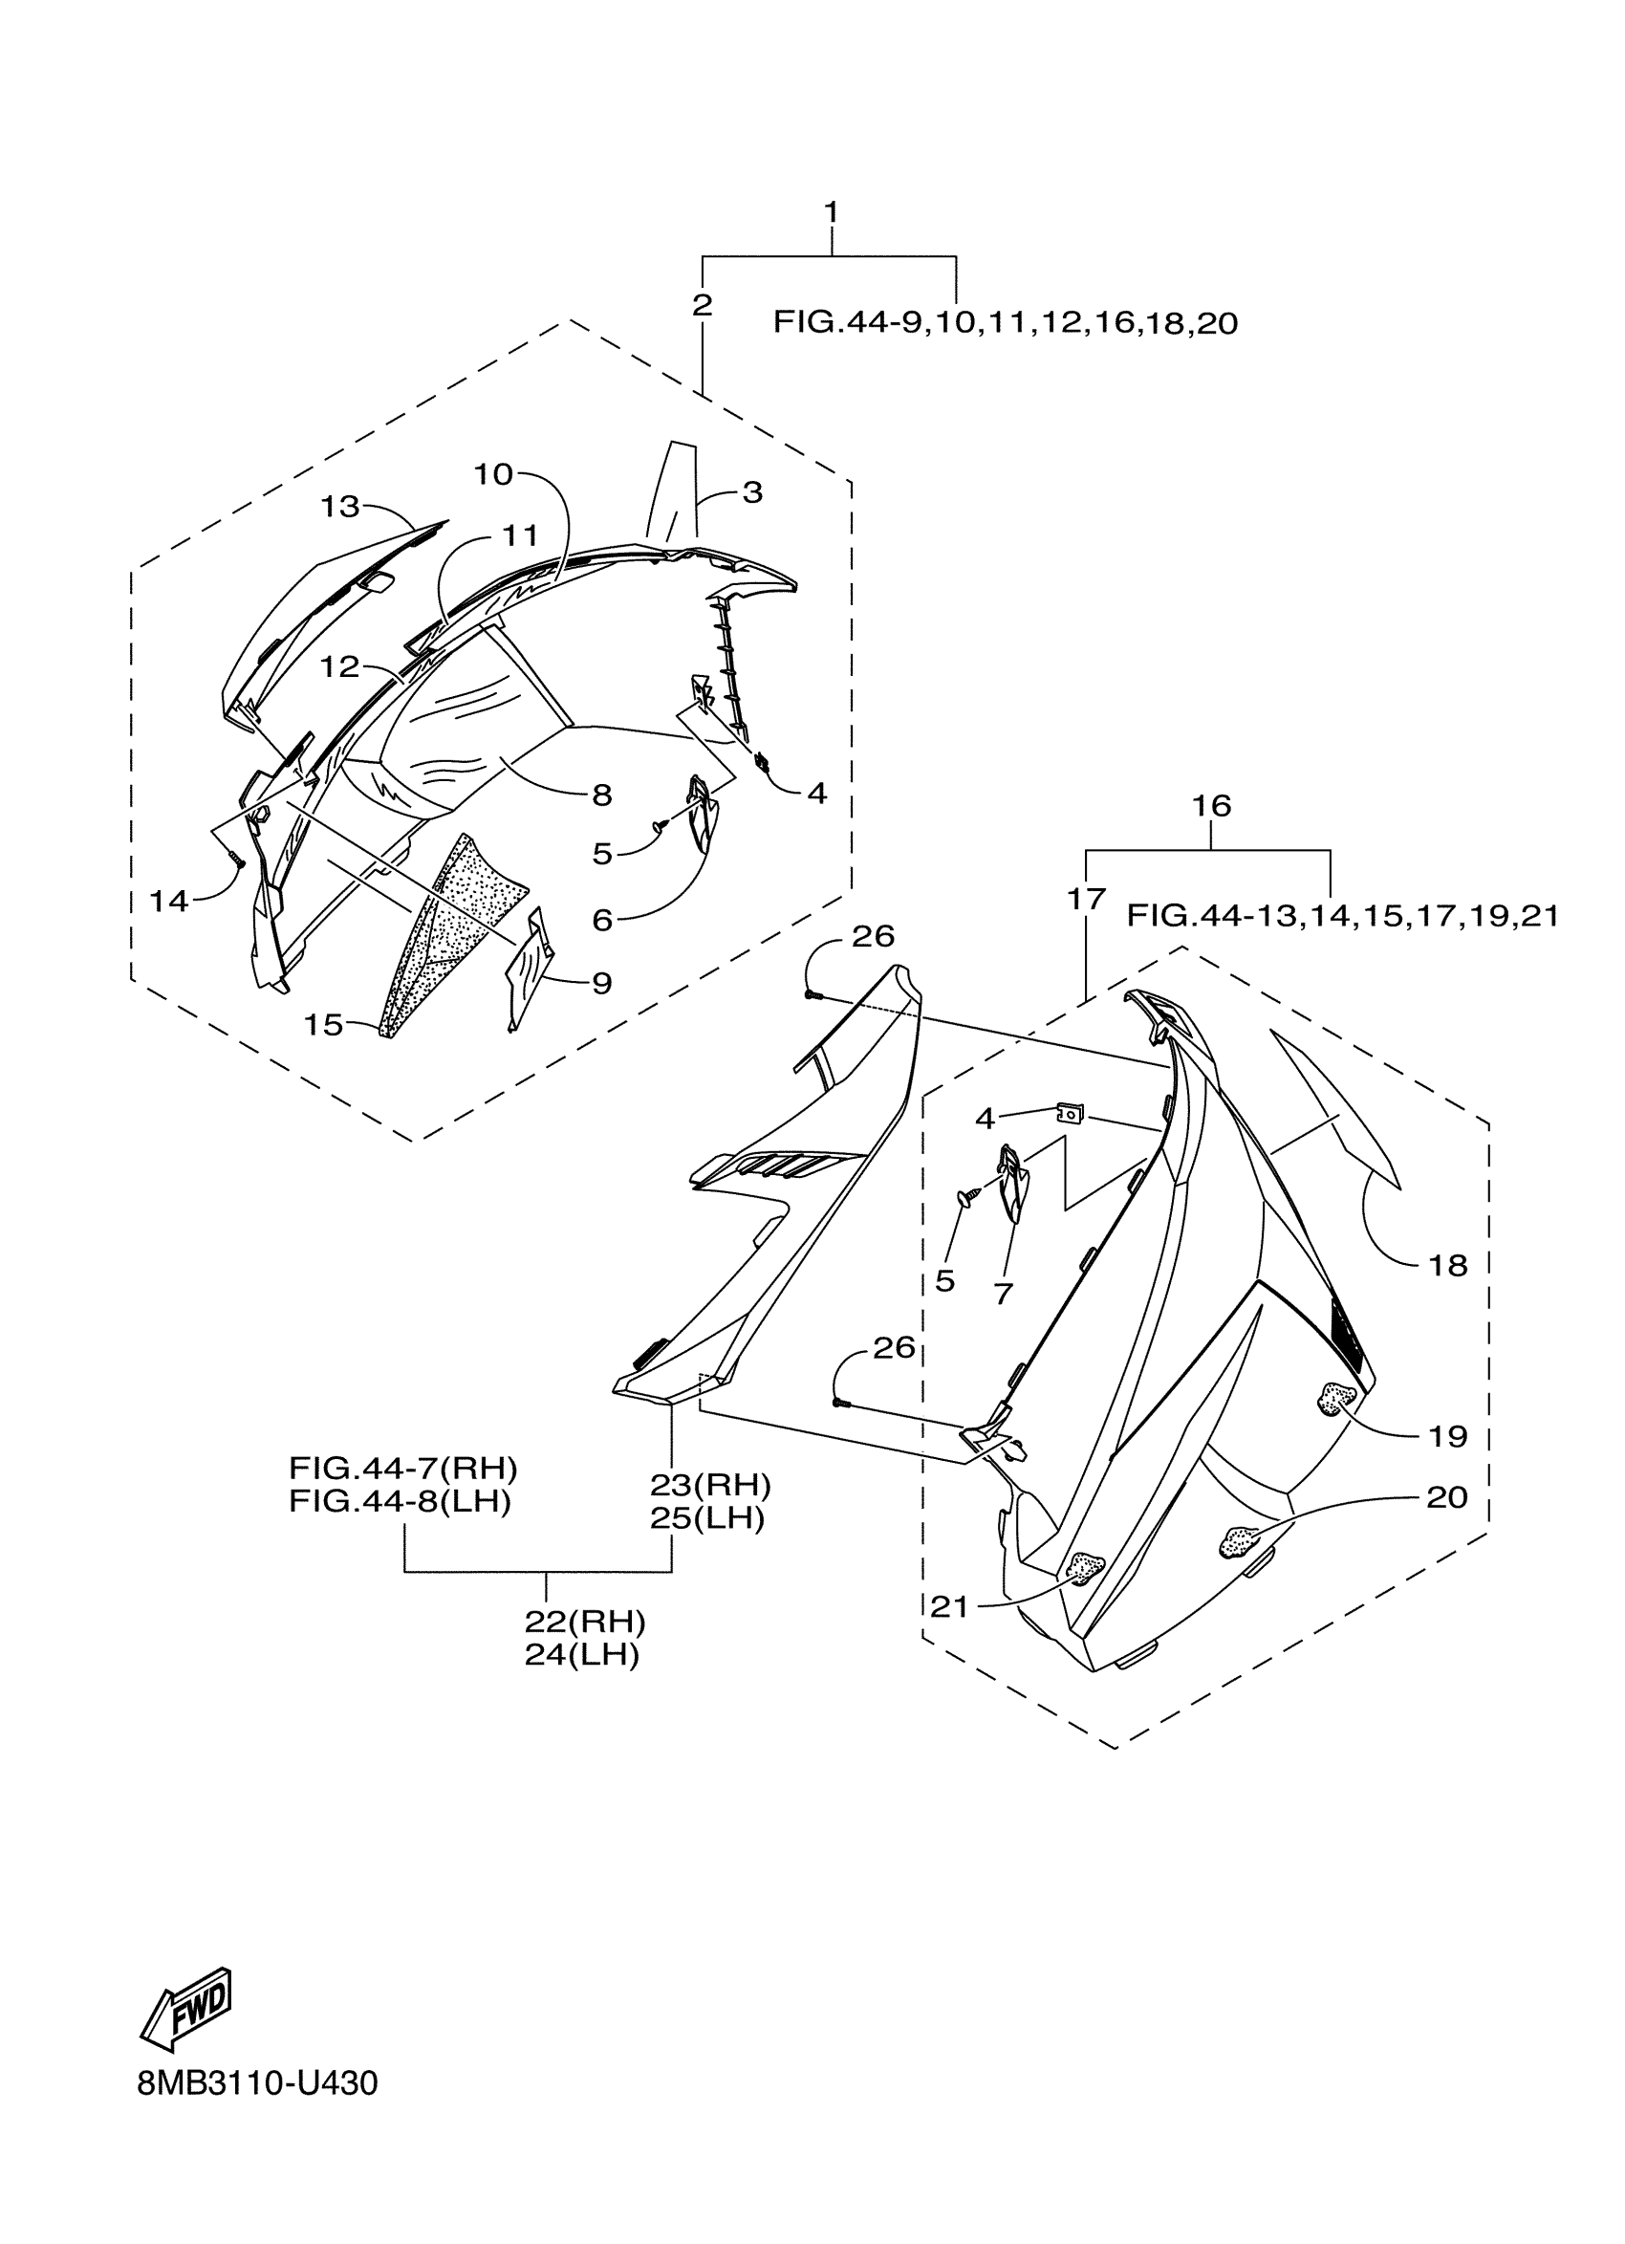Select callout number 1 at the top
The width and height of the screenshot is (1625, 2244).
(831, 211)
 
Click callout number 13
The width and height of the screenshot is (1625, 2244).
(339, 507)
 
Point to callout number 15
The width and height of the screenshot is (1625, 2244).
(322, 1025)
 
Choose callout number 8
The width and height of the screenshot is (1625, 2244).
(601, 795)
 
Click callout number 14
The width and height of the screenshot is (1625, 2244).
(168, 902)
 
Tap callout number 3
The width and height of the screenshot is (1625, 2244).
(752, 491)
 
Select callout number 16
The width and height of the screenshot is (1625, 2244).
(1210, 805)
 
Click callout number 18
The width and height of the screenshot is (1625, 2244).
(1448, 1266)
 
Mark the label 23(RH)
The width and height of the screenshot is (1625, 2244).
(710, 1485)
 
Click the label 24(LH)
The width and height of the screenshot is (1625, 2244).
(581, 1654)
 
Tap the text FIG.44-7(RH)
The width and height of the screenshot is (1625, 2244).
(402, 1468)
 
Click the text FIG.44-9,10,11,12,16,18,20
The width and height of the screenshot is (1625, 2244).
(1005, 322)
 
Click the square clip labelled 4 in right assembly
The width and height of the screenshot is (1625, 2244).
(1071, 1114)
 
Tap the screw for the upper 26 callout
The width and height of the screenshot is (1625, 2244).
(811, 993)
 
